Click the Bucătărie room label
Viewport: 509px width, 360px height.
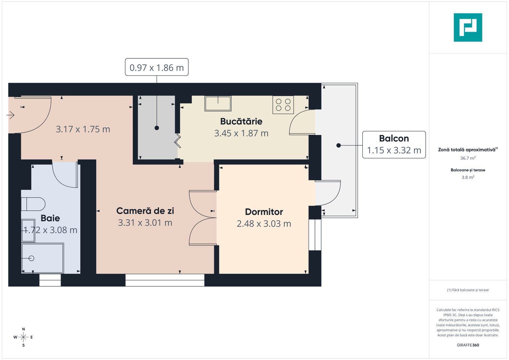(241, 121)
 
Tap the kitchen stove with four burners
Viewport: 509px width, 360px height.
(283, 105)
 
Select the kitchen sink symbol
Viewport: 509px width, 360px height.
(218, 103)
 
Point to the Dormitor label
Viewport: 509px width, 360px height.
(264, 212)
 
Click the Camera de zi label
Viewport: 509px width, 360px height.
(145, 211)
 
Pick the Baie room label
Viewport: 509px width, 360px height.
(50, 218)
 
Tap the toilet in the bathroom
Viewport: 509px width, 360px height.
(33, 204)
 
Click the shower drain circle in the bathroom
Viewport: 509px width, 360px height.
(31, 258)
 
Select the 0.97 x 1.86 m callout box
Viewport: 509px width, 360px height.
(157, 67)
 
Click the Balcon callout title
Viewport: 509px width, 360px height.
(394, 138)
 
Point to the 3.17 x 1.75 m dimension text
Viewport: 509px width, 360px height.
(83, 129)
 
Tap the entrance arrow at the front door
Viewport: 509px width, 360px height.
(10, 115)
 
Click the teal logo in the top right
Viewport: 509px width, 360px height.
(468, 27)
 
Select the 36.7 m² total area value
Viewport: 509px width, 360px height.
(468, 158)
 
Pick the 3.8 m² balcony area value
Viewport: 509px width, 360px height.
(468, 177)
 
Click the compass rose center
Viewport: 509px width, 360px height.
(23, 337)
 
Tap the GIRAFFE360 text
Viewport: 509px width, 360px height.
(468, 345)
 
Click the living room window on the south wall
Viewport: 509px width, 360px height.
(165, 280)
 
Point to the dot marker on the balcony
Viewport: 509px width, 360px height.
(338, 145)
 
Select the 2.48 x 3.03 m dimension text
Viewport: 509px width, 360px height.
(264, 224)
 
